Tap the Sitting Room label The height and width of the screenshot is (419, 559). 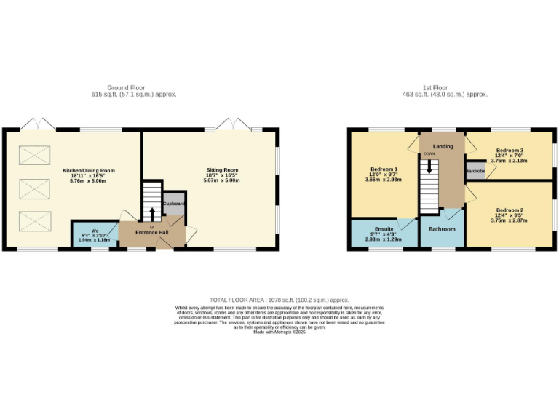(221, 170)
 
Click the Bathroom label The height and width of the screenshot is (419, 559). (442, 229)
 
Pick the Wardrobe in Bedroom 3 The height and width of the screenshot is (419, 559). (475, 172)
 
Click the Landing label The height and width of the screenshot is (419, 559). (443, 146)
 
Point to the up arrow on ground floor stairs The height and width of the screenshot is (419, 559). (152, 214)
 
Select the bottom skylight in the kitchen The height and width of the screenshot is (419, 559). (31, 220)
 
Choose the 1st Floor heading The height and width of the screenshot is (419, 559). (444, 87)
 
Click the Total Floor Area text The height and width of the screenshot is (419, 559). (279, 300)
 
